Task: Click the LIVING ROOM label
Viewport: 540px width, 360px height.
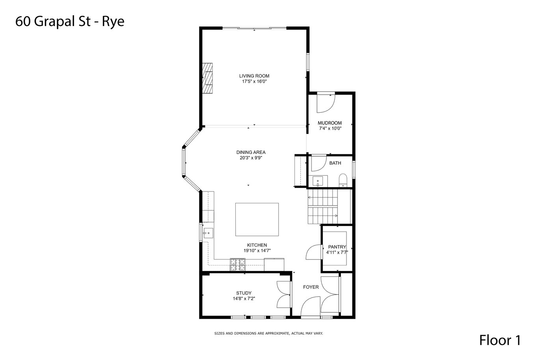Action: pyautogui.click(x=254, y=76)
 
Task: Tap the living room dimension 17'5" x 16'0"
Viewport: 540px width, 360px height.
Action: pyautogui.click(x=254, y=82)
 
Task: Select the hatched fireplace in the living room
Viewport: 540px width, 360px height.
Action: pyautogui.click(x=207, y=78)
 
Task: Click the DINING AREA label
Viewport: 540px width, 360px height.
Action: pyautogui.click(x=251, y=152)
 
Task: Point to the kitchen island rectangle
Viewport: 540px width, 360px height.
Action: pyautogui.click(x=257, y=219)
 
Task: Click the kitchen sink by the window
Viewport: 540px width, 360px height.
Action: pyautogui.click(x=208, y=233)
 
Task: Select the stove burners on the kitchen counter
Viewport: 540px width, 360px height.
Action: pyautogui.click(x=238, y=264)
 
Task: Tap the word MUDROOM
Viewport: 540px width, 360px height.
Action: pyautogui.click(x=330, y=123)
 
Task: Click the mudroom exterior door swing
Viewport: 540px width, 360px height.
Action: pyautogui.click(x=326, y=104)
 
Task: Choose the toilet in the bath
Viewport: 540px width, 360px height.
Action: pyautogui.click(x=343, y=180)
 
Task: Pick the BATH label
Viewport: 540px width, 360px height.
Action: pyautogui.click(x=335, y=163)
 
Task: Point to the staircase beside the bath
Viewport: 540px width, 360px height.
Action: pyautogui.click(x=329, y=206)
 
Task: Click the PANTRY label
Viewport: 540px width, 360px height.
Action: pyautogui.click(x=337, y=247)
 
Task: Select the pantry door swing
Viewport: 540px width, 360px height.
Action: pyautogui.click(x=314, y=252)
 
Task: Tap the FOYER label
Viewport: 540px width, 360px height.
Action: pyautogui.click(x=311, y=287)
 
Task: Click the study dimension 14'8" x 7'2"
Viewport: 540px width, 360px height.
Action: pyautogui.click(x=244, y=299)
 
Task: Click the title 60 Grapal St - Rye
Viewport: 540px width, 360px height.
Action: pyautogui.click(x=70, y=21)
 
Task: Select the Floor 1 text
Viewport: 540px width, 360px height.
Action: pyautogui.click(x=500, y=340)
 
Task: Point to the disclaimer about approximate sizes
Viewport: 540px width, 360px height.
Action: pyautogui.click(x=268, y=334)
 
